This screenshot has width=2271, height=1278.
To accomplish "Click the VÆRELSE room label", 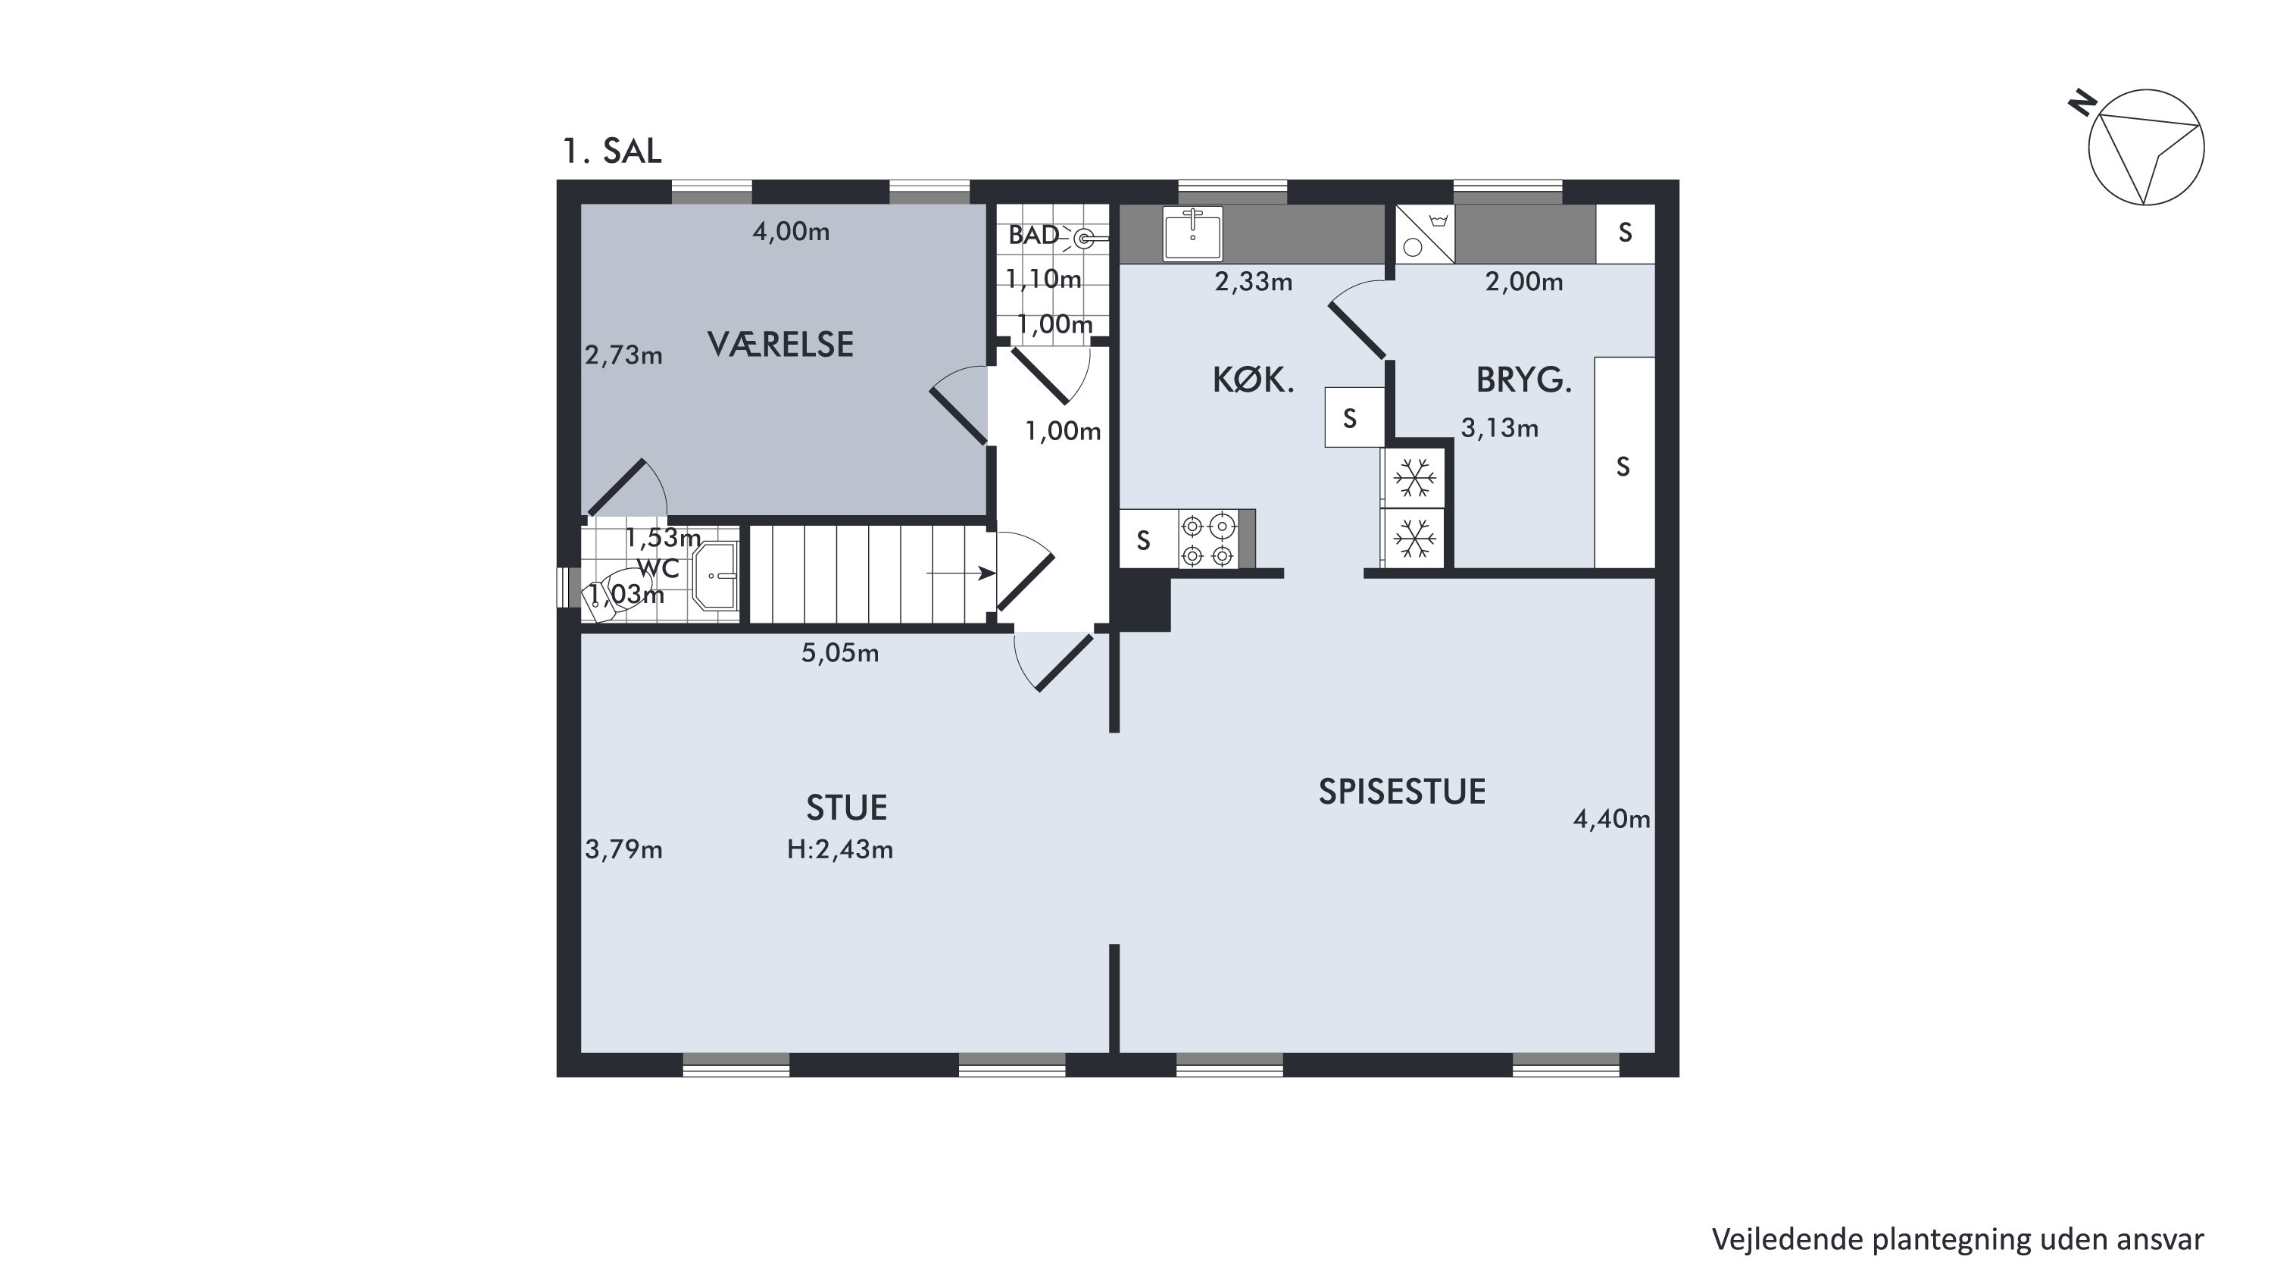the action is (x=780, y=344).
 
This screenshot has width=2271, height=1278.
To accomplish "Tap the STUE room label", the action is (x=846, y=808).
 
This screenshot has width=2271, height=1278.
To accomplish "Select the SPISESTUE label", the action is (x=1401, y=792).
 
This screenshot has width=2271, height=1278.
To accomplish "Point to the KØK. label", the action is (x=1253, y=380).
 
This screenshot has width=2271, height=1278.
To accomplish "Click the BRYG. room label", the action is (x=1524, y=380).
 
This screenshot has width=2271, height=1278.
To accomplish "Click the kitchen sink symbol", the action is (x=1193, y=233).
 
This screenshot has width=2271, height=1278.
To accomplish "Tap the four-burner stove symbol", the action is (x=1207, y=540).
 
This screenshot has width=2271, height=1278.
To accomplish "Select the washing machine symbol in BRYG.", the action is (x=1425, y=233).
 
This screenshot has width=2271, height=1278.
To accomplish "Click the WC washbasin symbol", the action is (x=716, y=576).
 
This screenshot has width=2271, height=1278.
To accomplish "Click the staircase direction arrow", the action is (x=961, y=573).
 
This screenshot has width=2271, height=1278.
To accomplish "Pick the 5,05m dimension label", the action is (x=839, y=653).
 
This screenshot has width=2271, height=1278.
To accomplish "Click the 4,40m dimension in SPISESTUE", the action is (x=1611, y=820).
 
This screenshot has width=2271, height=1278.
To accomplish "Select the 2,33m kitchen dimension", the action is (x=1254, y=282).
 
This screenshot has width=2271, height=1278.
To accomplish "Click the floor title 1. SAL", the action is (x=612, y=152).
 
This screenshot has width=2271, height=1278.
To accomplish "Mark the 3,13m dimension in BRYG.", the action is (x=1500, y=428).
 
